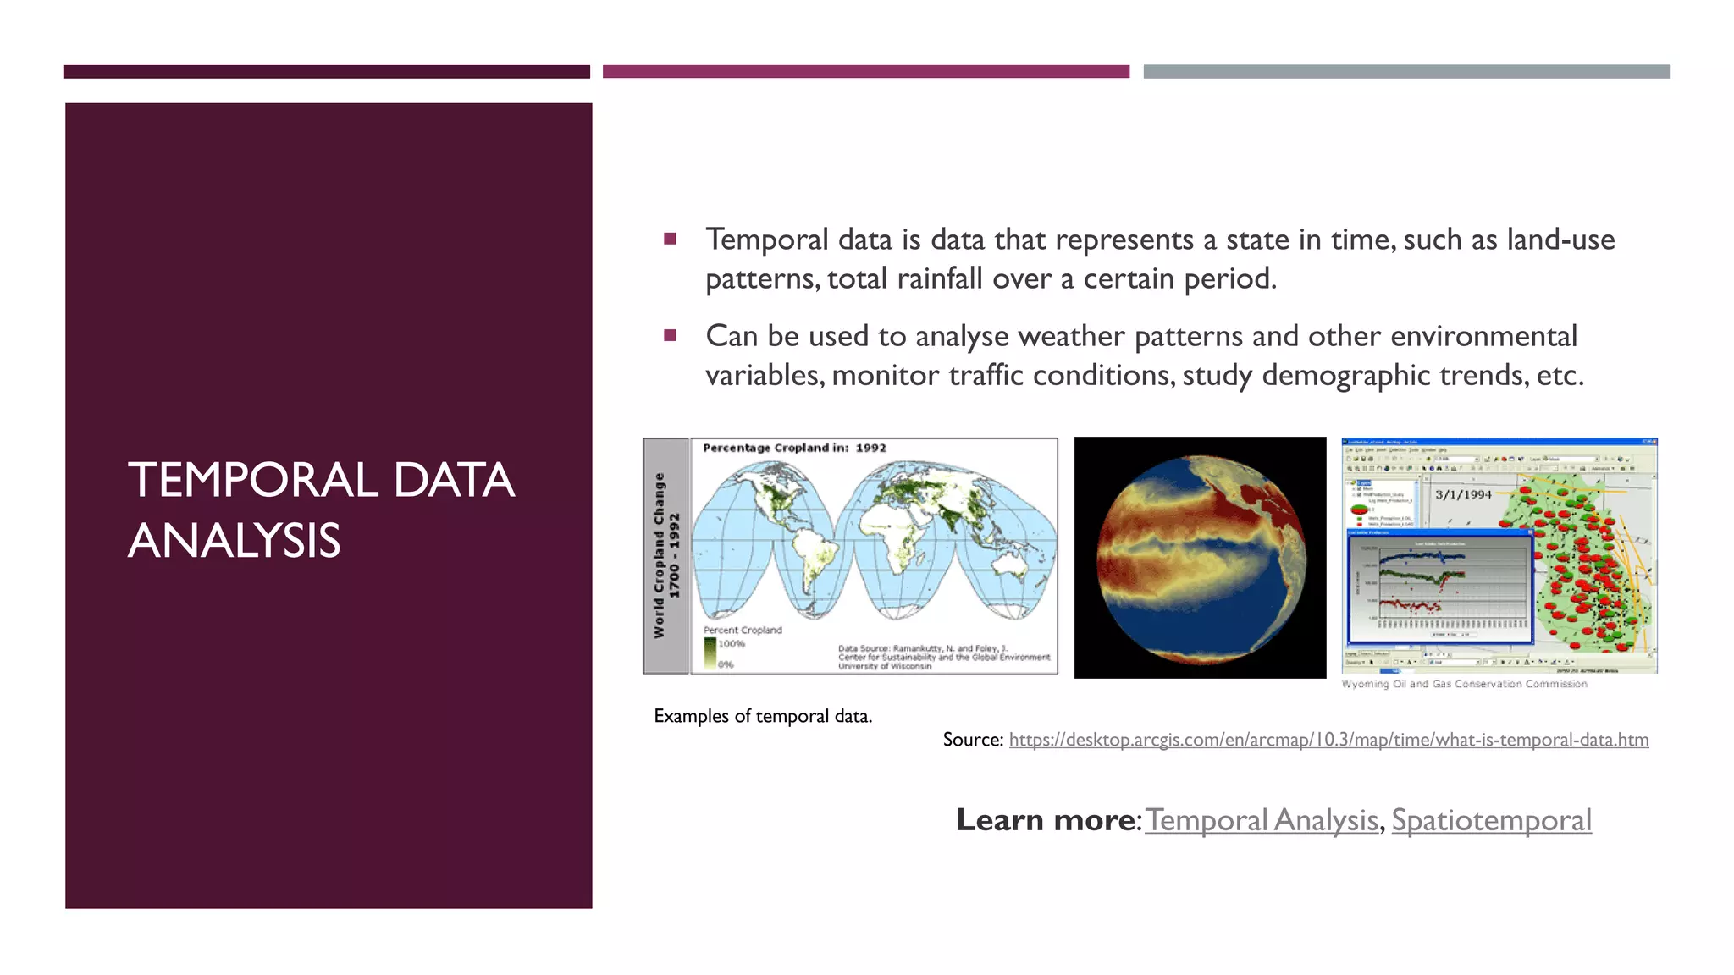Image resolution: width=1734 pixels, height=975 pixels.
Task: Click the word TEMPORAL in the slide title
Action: coord(252,481)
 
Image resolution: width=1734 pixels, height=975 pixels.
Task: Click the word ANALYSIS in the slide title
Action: coord(234,542)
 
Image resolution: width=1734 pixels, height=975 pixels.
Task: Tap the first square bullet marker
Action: coord(670,239)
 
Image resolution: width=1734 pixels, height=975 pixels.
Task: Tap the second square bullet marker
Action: coord(670,335)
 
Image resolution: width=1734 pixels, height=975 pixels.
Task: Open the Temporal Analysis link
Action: coord(1262,820)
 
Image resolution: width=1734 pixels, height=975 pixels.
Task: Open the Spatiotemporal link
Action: coord(1491,820)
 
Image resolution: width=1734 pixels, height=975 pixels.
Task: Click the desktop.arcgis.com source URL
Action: coord(1328,740)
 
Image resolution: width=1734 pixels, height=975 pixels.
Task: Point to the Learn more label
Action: coord(1046,820)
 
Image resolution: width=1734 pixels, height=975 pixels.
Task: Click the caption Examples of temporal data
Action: coord(762,716)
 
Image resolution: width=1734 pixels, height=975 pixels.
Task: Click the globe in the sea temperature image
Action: coord(1201,559)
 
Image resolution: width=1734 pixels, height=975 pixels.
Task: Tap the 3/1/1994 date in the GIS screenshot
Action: coord(1463,494)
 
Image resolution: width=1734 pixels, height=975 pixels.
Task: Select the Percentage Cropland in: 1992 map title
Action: coord(794,448)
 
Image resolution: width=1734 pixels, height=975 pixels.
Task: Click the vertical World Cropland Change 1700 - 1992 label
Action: coord(665,555)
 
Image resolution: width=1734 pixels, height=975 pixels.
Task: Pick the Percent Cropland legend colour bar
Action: coord(710,653)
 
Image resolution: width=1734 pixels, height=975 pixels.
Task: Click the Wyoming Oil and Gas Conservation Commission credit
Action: coord(1464,684)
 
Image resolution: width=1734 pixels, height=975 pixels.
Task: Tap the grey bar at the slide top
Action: coord(1406,72)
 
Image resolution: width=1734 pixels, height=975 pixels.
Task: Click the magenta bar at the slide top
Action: coord(865,72)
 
